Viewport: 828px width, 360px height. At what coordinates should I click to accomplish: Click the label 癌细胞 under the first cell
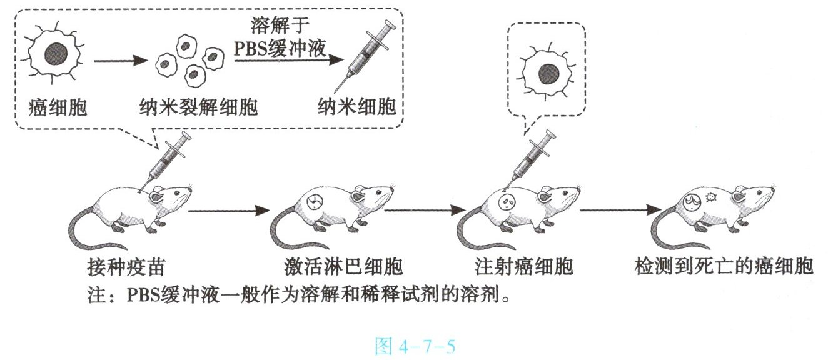pos(58,107)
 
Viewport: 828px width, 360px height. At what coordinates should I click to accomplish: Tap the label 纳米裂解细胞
pos(198,107)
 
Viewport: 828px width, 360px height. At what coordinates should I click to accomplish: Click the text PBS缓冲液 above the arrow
pos(280,49)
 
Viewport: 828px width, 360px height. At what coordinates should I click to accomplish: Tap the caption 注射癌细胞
pos(524,267)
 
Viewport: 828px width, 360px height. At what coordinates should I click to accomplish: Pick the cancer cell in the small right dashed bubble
pos(548,74)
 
